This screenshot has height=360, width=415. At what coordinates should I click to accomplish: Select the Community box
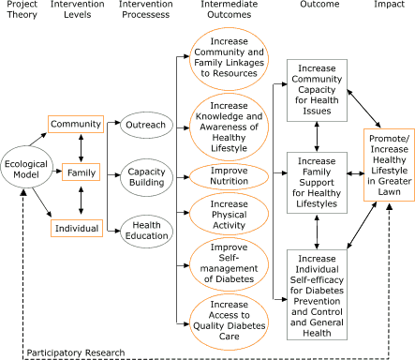coord(75,125)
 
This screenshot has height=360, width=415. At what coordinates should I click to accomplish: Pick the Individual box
coord(75,225)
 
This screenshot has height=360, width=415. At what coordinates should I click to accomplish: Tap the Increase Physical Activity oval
coord(229,215)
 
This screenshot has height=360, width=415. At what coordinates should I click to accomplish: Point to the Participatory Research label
coord(75,352)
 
